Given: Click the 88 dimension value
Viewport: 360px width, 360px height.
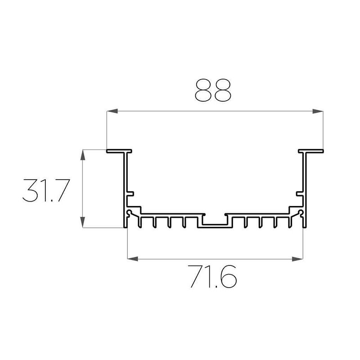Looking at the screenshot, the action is coord(213,90).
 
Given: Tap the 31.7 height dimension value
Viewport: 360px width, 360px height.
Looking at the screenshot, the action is coord(46,190).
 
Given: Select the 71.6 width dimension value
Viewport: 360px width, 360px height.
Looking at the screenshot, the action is coord(212,276).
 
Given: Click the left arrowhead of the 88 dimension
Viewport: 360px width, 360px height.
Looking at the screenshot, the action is coord(112,111).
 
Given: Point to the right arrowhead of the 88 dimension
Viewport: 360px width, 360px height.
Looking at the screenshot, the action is coord(318,111).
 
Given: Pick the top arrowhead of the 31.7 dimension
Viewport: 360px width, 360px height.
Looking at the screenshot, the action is coord(83,155).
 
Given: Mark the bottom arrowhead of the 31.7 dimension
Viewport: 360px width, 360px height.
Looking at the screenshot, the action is coord(83,222).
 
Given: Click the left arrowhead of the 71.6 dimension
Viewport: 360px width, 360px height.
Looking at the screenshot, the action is coord(133,259).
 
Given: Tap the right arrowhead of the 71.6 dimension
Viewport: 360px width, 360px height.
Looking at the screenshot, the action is coord(297,259).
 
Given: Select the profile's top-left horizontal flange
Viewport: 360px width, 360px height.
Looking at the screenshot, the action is coord(119,151).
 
